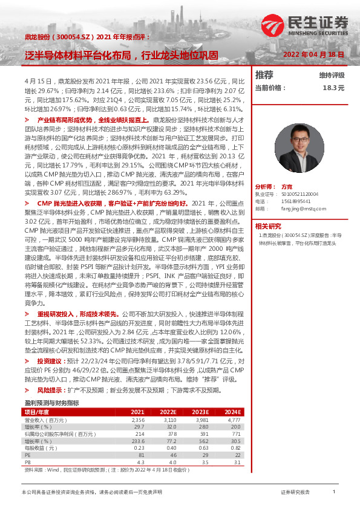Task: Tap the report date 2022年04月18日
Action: pyautogui.click(x=313, y=54)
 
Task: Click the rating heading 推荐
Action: pyautogui.click(x=264, y=76)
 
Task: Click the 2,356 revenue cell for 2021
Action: pyautogui.click(x=138, y=403)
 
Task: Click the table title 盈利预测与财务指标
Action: pyautogui.click(x=51, y=385)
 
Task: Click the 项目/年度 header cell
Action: pyautogui.click(x=38, y=395)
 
